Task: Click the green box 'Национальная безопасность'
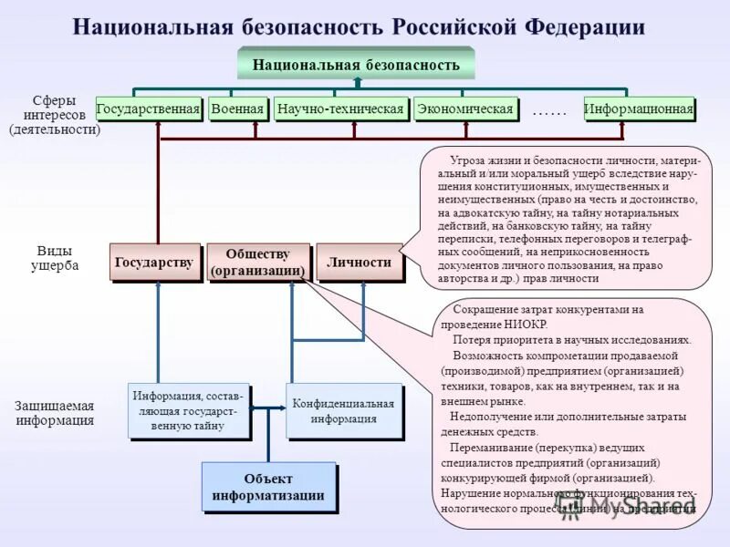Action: pyautogui.click(x=355, y=65)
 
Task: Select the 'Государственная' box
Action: pyautogui.click(x=147, y=109)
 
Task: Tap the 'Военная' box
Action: pyautogui.click(x=237, y=109)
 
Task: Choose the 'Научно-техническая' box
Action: pyautogui.click(x=340, y=109)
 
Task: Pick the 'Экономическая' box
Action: pyautogui.click(x=464, y=109)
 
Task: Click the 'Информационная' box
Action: pyautogui.click(x=639, y=109)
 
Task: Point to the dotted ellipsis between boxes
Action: pyautogui.click(x=548, y=110)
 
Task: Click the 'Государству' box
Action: pyautogui.click(x=154, y=263)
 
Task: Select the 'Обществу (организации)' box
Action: pyautogui.click(x=257, y=263)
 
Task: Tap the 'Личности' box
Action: pyautogui.click(x=359, y=263)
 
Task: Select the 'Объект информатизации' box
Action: pyautogui.click(x=268, y=487)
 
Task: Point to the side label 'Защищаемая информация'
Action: pyautogui.click(x=54, y=413)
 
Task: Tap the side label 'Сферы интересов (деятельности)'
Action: pyautogui.click(x=54, y=115)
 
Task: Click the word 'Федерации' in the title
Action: pyautogui.click(x=585, y=26)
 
